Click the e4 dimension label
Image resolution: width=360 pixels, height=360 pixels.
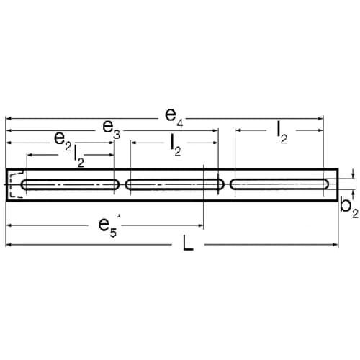pos(174,117)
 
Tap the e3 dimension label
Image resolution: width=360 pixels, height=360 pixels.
pos(112,130)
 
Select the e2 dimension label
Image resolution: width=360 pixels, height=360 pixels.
pos(63,141)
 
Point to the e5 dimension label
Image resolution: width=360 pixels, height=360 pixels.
pos(108,228)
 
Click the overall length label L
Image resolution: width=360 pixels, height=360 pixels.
pos(188,243)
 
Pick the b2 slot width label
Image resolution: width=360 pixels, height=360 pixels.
pos(349,208)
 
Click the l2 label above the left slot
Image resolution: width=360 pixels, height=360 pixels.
pos(79,156)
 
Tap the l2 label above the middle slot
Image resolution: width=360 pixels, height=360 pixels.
pos(176,145)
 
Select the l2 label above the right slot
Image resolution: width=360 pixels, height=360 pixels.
pos(282,132)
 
